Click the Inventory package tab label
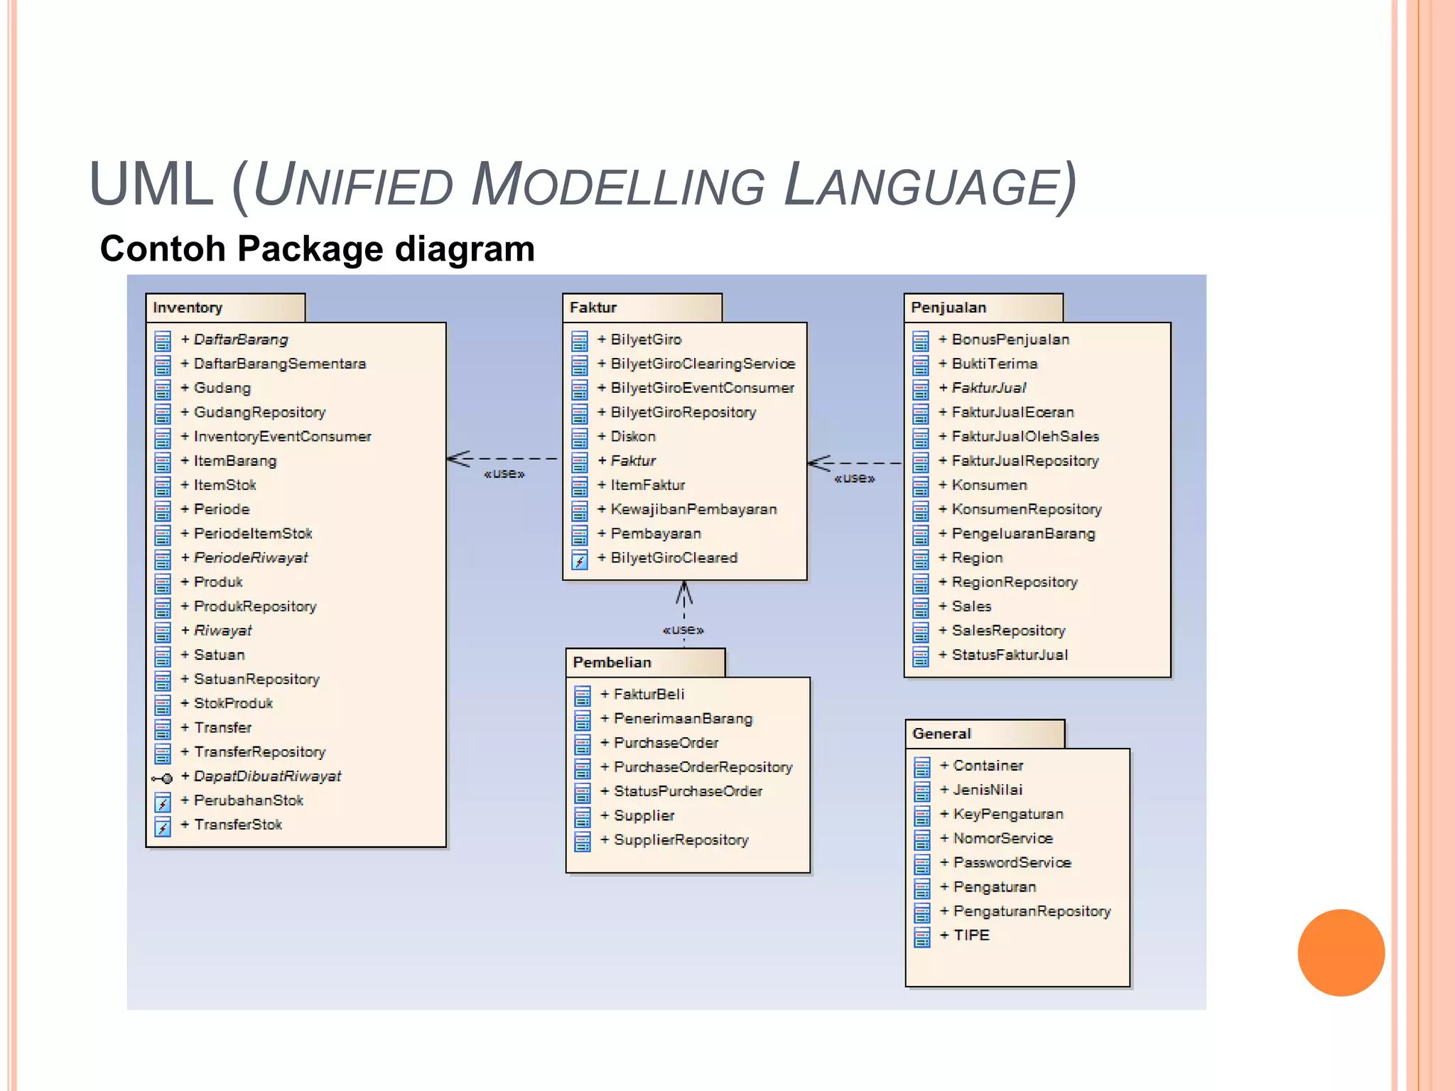pos(188,308)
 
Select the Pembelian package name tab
pos(612,662)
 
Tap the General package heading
pos(941,734)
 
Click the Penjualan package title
pos(948,308)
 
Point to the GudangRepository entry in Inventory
pos(259,412)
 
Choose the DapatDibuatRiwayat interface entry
pos(267,776)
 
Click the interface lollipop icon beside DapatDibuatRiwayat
pos(162,778)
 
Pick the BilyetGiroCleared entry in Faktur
pos(674,558)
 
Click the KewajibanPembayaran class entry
pos(693,509)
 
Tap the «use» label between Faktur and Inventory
pos(504,474)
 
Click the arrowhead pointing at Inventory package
pos(458,459)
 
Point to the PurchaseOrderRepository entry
pos(703,767)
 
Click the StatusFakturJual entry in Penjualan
pos(1010,655)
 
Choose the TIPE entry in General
pos(971,935)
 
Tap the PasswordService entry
pos(1012,863)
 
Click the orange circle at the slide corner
pos(1341,952)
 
